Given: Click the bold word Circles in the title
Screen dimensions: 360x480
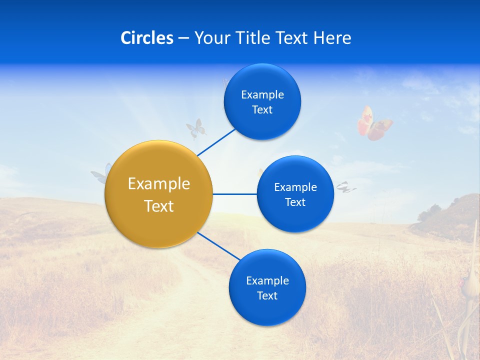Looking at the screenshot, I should pos(146,38).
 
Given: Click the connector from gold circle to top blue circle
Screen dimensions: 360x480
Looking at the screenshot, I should pos(216,142).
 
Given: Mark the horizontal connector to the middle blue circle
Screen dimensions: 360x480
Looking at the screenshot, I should pos(235,194).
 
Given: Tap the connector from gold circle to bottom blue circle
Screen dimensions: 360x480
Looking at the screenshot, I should pos(218,246).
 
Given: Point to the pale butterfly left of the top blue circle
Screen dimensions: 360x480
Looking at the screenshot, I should pos(196,128).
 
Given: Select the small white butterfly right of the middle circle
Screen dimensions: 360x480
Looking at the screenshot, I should pos(345,187).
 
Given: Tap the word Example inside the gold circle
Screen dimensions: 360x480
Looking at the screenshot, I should pos(159,184).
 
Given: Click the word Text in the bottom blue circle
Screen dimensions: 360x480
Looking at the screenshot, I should pos(267,296).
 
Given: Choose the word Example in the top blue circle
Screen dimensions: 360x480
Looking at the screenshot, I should pos(262,95).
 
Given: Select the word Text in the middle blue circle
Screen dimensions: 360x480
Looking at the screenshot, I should pos(295,202).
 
